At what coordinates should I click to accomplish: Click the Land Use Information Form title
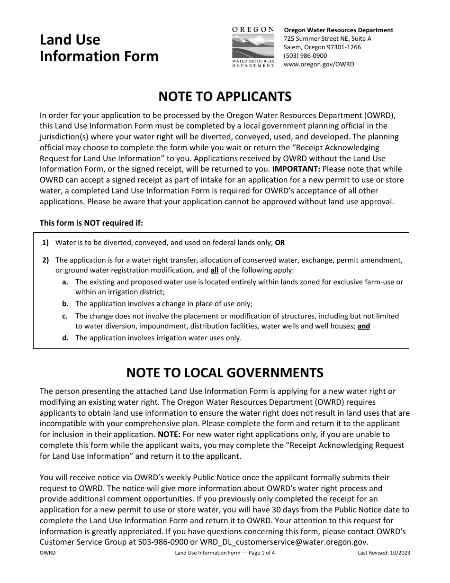(x=99, y=48)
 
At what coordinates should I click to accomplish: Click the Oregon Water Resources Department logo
(x=253, y=47)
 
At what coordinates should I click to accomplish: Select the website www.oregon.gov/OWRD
(x=318, y=64)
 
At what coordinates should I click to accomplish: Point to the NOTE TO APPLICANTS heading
(x=225, y=97)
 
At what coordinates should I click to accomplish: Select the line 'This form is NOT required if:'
(x=91, y=223)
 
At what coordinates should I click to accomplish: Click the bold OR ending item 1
(x=280, y=243)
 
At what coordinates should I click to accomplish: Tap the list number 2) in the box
(x=45, y=260)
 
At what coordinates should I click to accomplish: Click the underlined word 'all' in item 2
(x=215, y=271)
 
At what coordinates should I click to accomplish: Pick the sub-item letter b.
(x=65, y=304)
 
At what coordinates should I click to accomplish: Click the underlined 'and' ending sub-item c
(x=364, y=326)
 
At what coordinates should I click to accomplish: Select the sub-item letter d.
(x=65, y=338)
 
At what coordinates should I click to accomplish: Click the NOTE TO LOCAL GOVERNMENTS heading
(x=225, y=373)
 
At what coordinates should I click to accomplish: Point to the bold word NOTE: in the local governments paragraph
(x=168, y=434)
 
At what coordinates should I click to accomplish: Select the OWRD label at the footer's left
(x=47, y=553)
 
